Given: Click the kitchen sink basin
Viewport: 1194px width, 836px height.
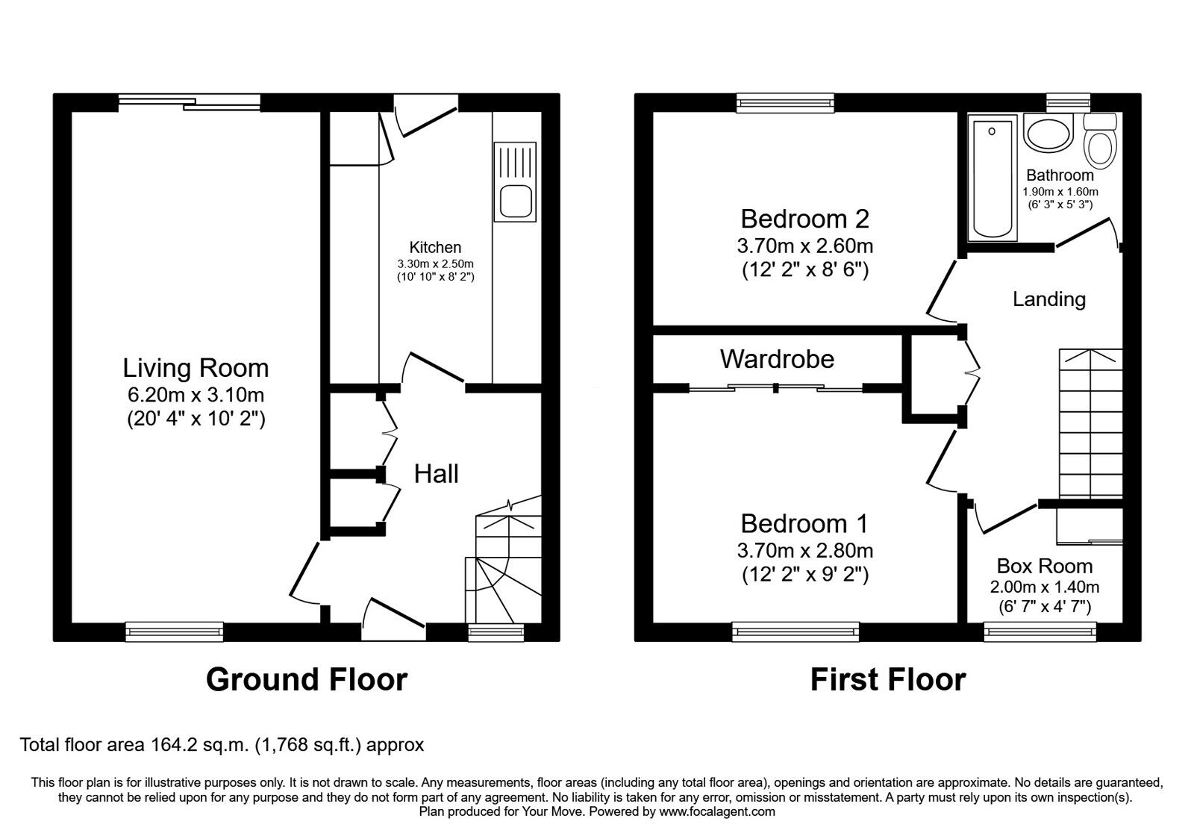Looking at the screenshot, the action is click(x=516, y=202).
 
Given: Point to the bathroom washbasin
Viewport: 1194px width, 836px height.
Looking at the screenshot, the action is click(x=1048, y=134).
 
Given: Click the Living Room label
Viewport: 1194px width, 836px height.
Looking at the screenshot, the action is click(x=196, y=369).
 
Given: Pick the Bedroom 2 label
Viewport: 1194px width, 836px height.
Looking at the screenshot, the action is click(x=805, y=219).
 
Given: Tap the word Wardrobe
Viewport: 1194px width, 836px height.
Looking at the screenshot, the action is click(x=777, y=359).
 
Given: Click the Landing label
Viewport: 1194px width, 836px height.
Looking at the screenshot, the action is click(x=1049, y=299).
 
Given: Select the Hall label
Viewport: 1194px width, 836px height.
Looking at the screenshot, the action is click(x=436, y=474).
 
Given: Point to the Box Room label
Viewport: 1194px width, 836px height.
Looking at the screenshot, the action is click(x=1045, y=566).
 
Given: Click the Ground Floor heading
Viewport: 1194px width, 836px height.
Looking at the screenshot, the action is click(x=307, y=680).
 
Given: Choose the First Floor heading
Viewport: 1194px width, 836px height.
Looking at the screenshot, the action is click(x=888, y=680).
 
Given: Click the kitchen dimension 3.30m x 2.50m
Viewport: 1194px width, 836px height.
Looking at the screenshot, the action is click(x=436, y=264).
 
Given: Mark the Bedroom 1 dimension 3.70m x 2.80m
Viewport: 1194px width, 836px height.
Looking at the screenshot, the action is click(x=805, y=550).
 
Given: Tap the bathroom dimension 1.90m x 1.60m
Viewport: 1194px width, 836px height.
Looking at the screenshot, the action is click(x=1060, y=192).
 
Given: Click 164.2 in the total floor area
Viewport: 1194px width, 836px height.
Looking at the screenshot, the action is click(x=175, y=744).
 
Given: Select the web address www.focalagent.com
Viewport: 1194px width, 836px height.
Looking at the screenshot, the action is click(x=717, y=811).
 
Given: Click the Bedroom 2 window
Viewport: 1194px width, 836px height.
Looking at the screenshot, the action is click(x=784, y=103).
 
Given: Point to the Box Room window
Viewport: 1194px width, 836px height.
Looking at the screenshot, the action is click(x=1040, y=632).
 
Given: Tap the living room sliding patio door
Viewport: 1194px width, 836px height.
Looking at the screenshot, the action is click(x=190, y=102).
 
